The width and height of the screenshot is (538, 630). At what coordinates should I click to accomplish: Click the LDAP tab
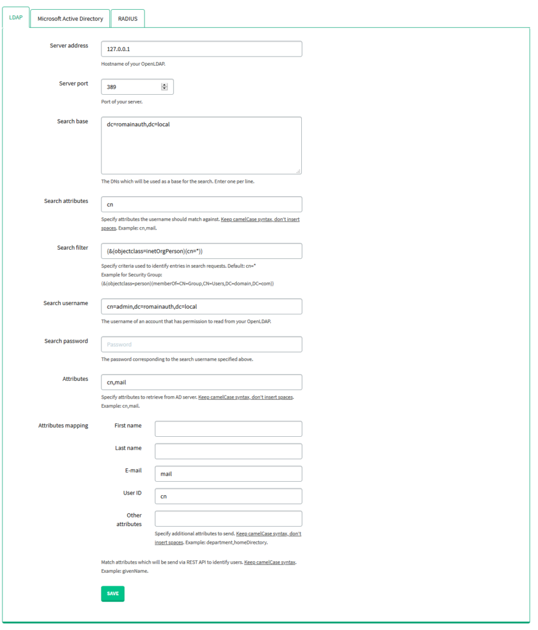(x=15, y=18)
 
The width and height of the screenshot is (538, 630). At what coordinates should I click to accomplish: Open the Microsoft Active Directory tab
(x=70, y=19)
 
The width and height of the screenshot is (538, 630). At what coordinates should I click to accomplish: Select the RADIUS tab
(x=128, y=19)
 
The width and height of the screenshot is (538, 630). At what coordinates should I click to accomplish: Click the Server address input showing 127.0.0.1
(x=201, y=49)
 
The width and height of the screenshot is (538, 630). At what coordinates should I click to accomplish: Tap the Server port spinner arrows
(x=164, y=87)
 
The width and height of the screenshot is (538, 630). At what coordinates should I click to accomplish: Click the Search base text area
(x=201, y=145)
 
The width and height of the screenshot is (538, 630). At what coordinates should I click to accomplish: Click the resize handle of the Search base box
(x=298, y=171)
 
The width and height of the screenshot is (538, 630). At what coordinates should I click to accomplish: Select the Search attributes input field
(x=201, y=204)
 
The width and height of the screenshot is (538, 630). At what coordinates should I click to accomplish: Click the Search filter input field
(x=201, y=251)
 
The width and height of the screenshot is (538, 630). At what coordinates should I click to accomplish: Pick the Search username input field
(x=201, y=306)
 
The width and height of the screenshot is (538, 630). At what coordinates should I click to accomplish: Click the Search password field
(x=201, y=345)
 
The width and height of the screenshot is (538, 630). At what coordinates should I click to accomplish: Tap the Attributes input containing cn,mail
(x=201, y=382)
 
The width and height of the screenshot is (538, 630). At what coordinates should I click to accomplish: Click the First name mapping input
(x=228, y=429)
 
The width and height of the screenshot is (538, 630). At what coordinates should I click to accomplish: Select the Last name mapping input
(x=228, y=451)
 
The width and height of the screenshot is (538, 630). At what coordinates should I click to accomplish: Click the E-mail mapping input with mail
(x=228, y=474)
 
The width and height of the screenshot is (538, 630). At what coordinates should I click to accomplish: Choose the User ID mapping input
(x=228, y=496)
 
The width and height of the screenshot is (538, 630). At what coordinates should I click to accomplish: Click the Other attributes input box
(x=228, y=519)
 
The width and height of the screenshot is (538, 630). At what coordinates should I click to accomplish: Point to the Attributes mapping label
(x=63, y=426)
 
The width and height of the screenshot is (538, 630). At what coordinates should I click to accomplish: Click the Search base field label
(x=73, y=122)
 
